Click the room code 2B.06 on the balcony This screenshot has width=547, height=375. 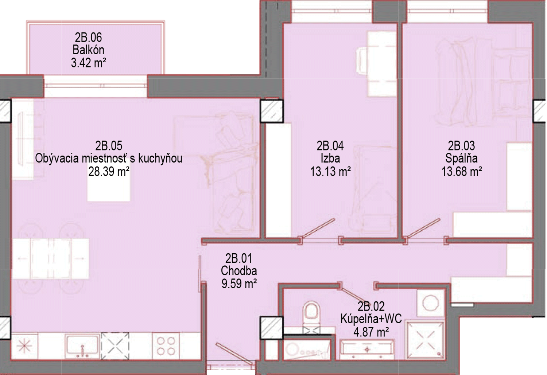coord(88,38)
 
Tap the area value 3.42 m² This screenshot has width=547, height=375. coord(88,63)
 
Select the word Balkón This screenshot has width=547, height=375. coord(88,50)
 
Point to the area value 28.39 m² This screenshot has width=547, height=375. coord(109,172)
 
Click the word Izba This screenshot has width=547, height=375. coord(330,158)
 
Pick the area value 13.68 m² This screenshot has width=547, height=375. coord(462,172)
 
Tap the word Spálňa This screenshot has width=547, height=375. coord(461,158)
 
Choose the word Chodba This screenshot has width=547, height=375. coord(239,270)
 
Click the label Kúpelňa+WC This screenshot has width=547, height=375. coord(371,319)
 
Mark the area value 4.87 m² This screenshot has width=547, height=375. coord(371,332)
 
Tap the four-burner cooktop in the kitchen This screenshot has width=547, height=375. coord(166,346)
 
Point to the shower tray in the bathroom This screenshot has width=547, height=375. coord(425,341)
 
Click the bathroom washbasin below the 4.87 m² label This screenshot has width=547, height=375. coord(367,349)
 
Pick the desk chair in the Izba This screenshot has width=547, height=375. coord(362,60)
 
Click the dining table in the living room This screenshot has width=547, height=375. coord(50,258)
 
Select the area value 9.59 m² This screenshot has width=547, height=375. coord(239,284)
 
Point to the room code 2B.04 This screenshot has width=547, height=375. coord(330,146)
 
